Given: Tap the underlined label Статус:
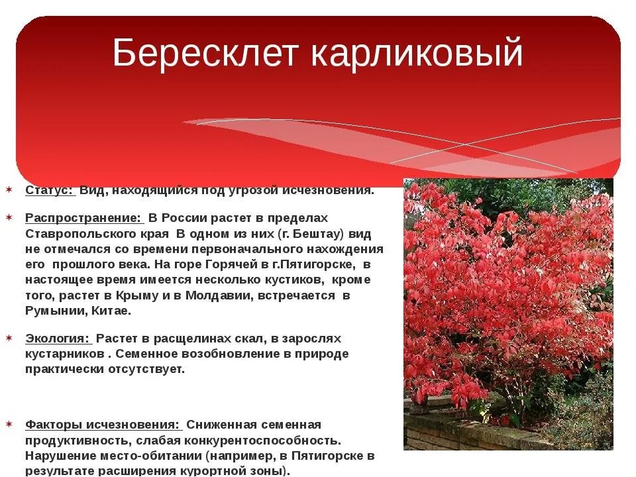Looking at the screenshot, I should point(50,191).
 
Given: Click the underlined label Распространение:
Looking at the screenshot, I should point(83,218).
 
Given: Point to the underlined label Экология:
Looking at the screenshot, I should point(58,339).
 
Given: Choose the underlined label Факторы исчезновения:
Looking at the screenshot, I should point(102,425).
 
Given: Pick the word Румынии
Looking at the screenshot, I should point(54,311).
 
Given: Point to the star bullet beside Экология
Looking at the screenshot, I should point(9,338).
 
